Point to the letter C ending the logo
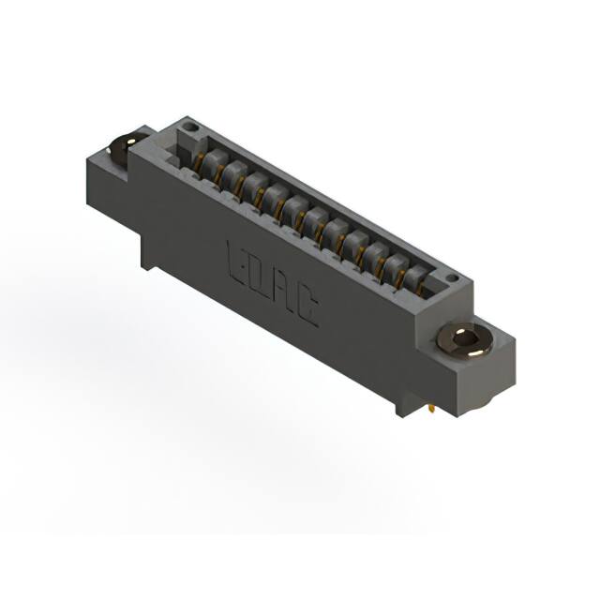(x=306, y=307)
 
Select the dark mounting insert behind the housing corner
(x=122, y=148)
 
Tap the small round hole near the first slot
(x=190, y=124)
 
